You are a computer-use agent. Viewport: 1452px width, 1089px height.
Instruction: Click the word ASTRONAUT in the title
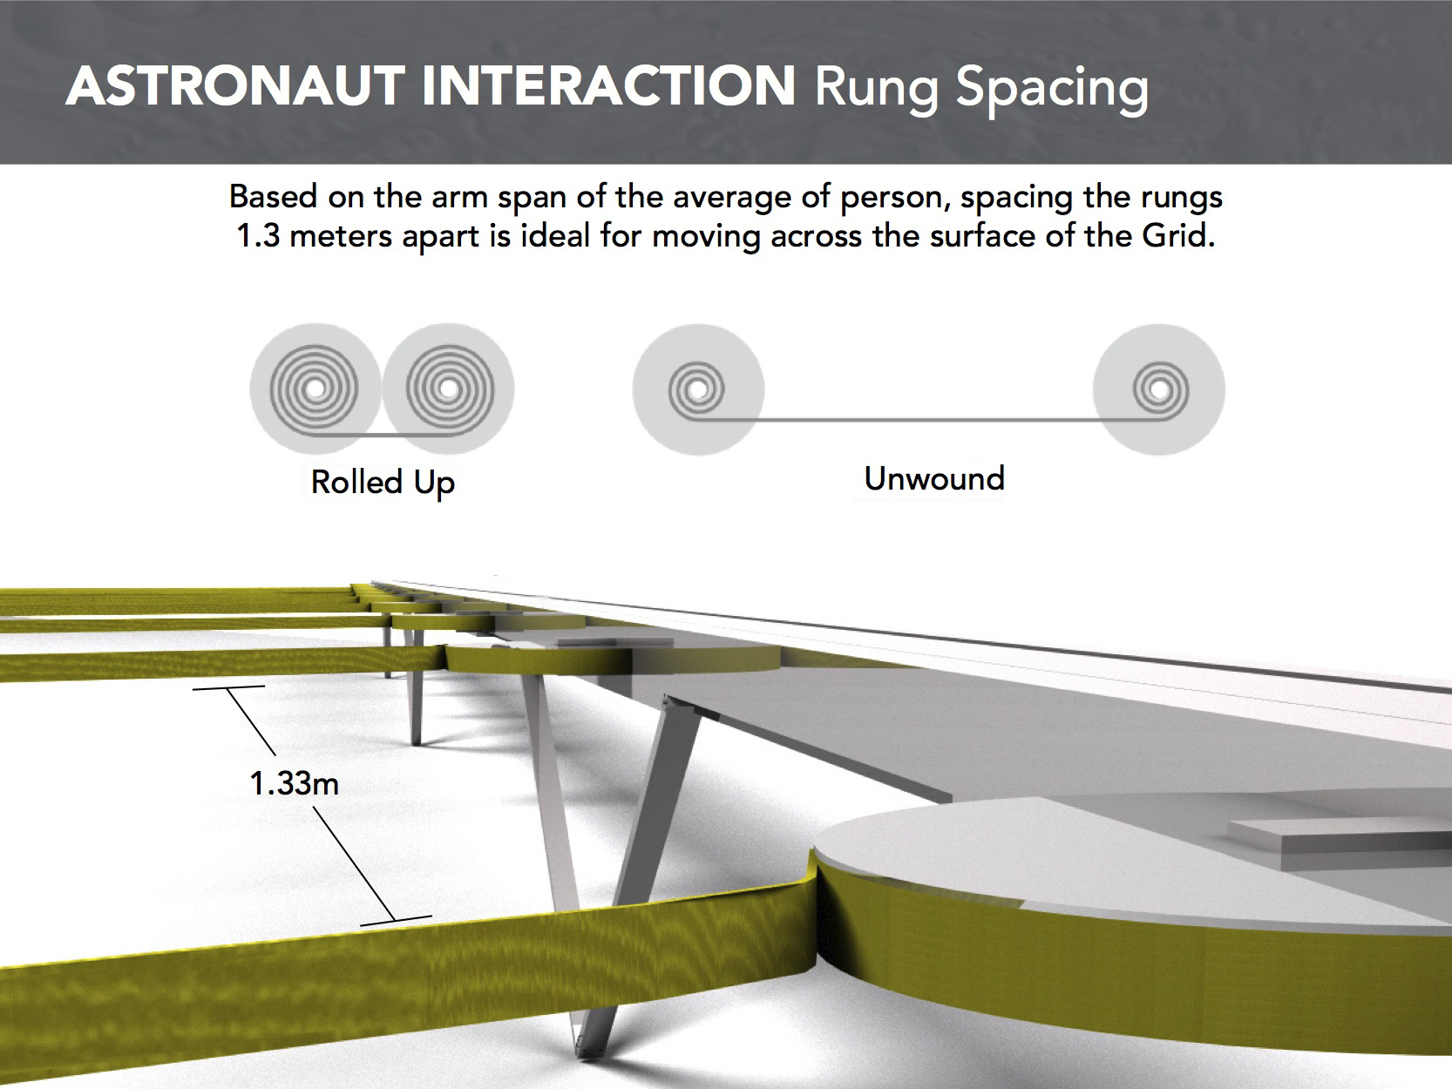(235, 86)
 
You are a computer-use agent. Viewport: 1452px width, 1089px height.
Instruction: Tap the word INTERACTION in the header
(608, 86)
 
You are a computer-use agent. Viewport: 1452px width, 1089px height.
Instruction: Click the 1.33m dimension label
(295, 783)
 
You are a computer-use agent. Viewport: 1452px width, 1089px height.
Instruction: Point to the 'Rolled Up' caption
(383, 482)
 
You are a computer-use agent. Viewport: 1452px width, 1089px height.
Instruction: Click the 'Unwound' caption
(934, 478)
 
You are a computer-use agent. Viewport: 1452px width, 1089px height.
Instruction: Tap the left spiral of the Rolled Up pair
(315, 389)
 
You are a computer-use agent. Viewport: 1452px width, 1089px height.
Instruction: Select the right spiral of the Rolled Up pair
(449, 389)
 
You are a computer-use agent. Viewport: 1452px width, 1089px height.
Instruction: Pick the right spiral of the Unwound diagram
(1159, 389)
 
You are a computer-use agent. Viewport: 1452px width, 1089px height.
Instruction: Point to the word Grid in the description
(1178, 236)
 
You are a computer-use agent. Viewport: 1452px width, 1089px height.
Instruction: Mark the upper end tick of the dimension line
(229, 687)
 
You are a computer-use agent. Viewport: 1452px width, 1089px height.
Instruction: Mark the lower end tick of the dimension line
(396, 920)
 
